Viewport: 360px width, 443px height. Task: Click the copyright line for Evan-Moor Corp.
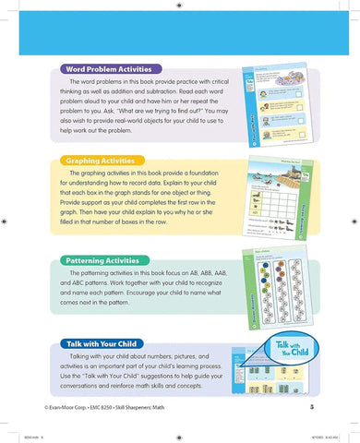pyautogui.click(x=110, y=406)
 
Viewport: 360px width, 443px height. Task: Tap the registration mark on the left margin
pyautogui.click(x=7, y=221)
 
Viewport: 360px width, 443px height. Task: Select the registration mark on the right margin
pyautogui.click(x=353, y=221)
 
